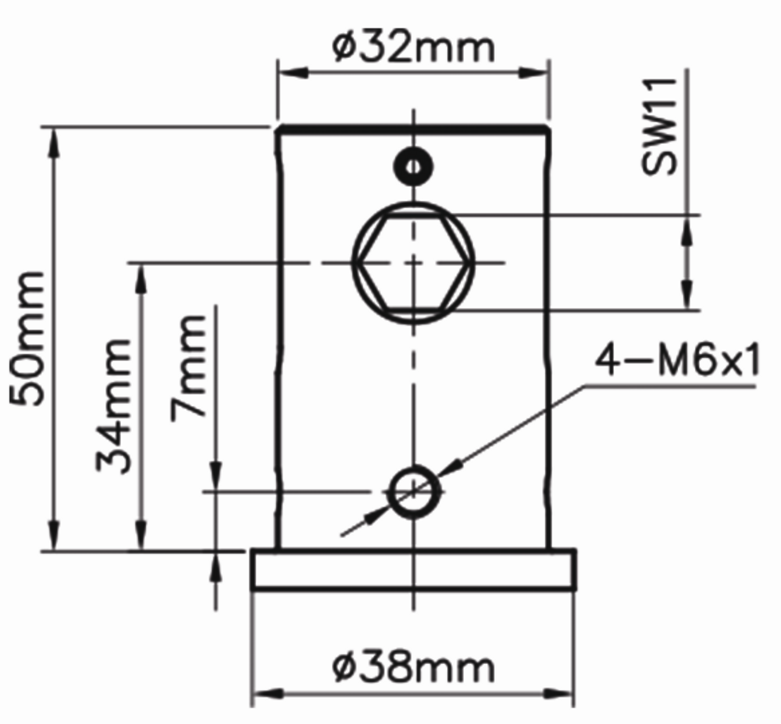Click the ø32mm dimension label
pyautogui.click(x=413, y=48)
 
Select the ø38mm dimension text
pyautogui.click(x=413, y=667)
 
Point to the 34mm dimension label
pyautogui.click(x=114, y=406)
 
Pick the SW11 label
pyautogui.click(x=659, y=127)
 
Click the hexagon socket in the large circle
pyautogui.click(x=413, y=263)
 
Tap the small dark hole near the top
pyautogui.click(x=413, y=167)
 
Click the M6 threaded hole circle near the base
pyautogui.click(x=413, y=492)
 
